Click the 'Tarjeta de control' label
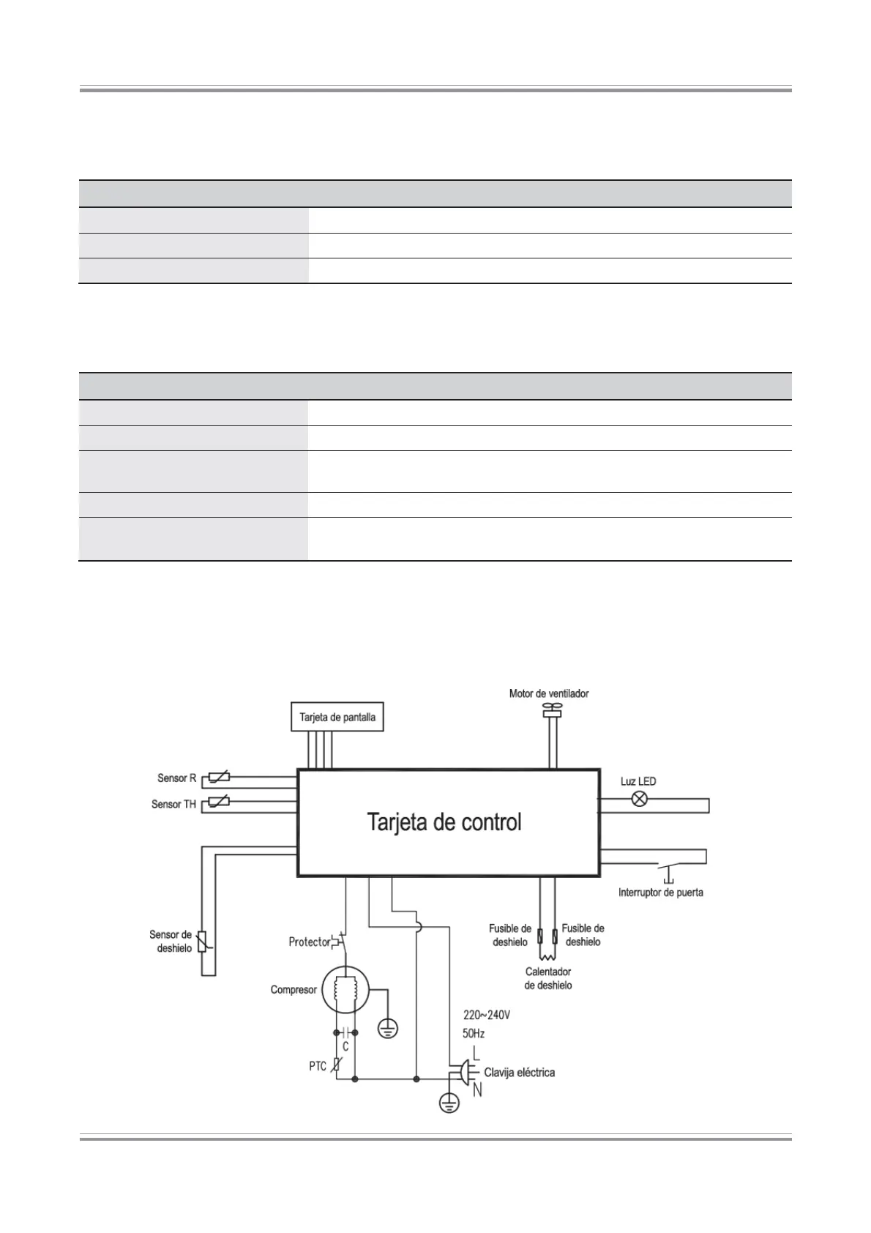tap(444, 822)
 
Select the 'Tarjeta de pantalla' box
tap(337, 717)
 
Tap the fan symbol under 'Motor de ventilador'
tap(551, 709)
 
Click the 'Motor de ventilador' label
tap(549, 693)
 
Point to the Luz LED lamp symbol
tap(639, 798)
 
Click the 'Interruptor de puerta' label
tap(660, 893)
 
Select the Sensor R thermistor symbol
tap(220, 778)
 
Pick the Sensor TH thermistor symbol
tap(220, 802)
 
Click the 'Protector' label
tap(310, 942)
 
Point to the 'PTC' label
tap(318, 1066)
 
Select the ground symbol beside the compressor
tap(389, 1029)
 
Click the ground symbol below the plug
tap(449, 1102)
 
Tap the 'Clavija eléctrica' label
tap(519, 1073)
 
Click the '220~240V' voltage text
tap(487, 1016)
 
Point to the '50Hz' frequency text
tap(474, 1034)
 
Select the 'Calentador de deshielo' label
tap(548, 978)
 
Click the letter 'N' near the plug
tap(477, 1090)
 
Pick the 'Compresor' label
tap(294, 990)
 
